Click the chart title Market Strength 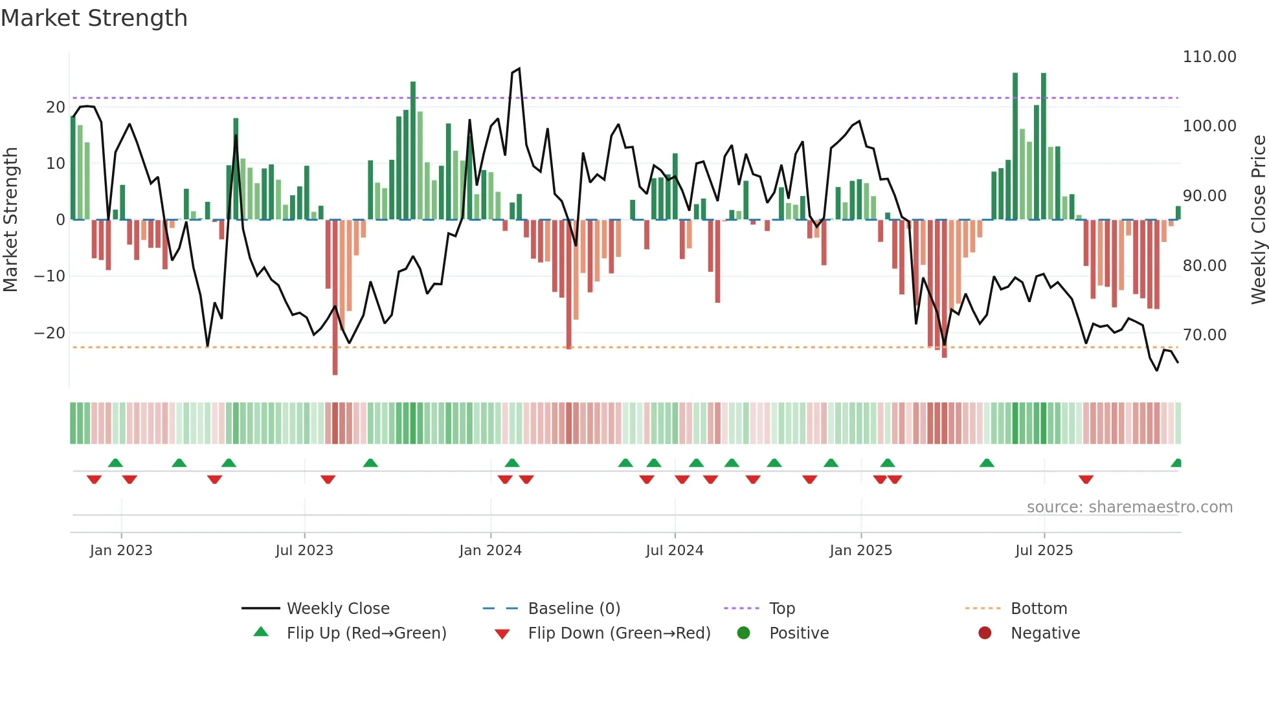tap(94, 18)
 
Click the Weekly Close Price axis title tap(1258, 220)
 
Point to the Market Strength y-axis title tap(10, 220)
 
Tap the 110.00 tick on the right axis tap(1209, 57)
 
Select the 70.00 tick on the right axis tap(1204, 335)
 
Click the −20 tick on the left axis tap(49, 333)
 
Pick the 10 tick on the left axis tap(56, 164)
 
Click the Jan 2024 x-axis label tap(490, 551)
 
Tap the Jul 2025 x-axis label tap(1044, 551)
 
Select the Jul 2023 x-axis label tap(304, 551)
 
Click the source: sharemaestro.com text tap(1129, 507)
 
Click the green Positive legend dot tap(743, 633)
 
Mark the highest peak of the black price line tap(519, 69)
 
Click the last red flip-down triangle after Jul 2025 tap(1086, 479)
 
